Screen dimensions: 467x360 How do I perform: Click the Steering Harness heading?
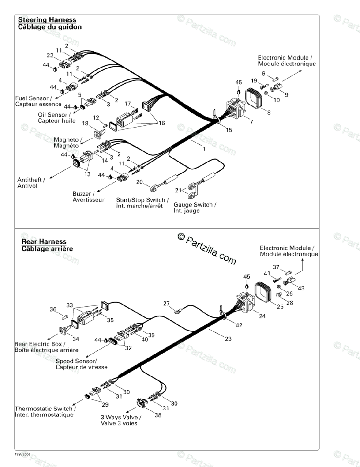coord(47,20)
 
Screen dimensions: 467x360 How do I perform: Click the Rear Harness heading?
coord(44,242)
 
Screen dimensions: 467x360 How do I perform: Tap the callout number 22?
coord(50,55)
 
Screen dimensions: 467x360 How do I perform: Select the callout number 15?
coord(229,130)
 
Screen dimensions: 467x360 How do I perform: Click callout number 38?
coord(158,415)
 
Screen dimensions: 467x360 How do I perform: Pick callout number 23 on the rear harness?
coord(228,339)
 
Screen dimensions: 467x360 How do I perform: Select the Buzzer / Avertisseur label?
coord(88,197)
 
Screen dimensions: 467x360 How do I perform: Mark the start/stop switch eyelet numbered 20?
coord(153,189)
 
